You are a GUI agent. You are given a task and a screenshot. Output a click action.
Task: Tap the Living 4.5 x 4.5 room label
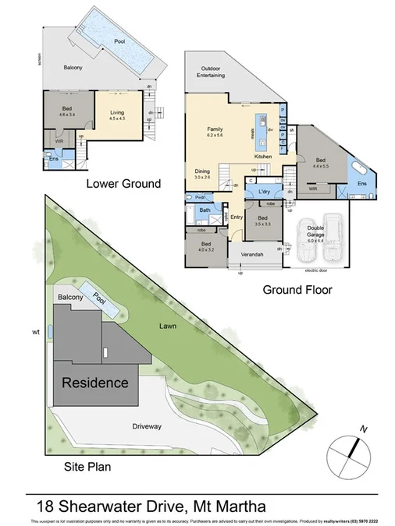(117, 116)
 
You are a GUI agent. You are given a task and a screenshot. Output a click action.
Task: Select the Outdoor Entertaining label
(212, 72)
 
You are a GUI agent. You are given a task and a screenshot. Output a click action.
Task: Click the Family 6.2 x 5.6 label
(215, 132)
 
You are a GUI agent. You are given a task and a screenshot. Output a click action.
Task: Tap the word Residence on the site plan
(94, 383)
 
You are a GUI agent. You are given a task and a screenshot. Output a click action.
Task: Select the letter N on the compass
(362, 429)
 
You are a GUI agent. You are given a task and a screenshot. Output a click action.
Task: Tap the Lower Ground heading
(125, 184)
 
